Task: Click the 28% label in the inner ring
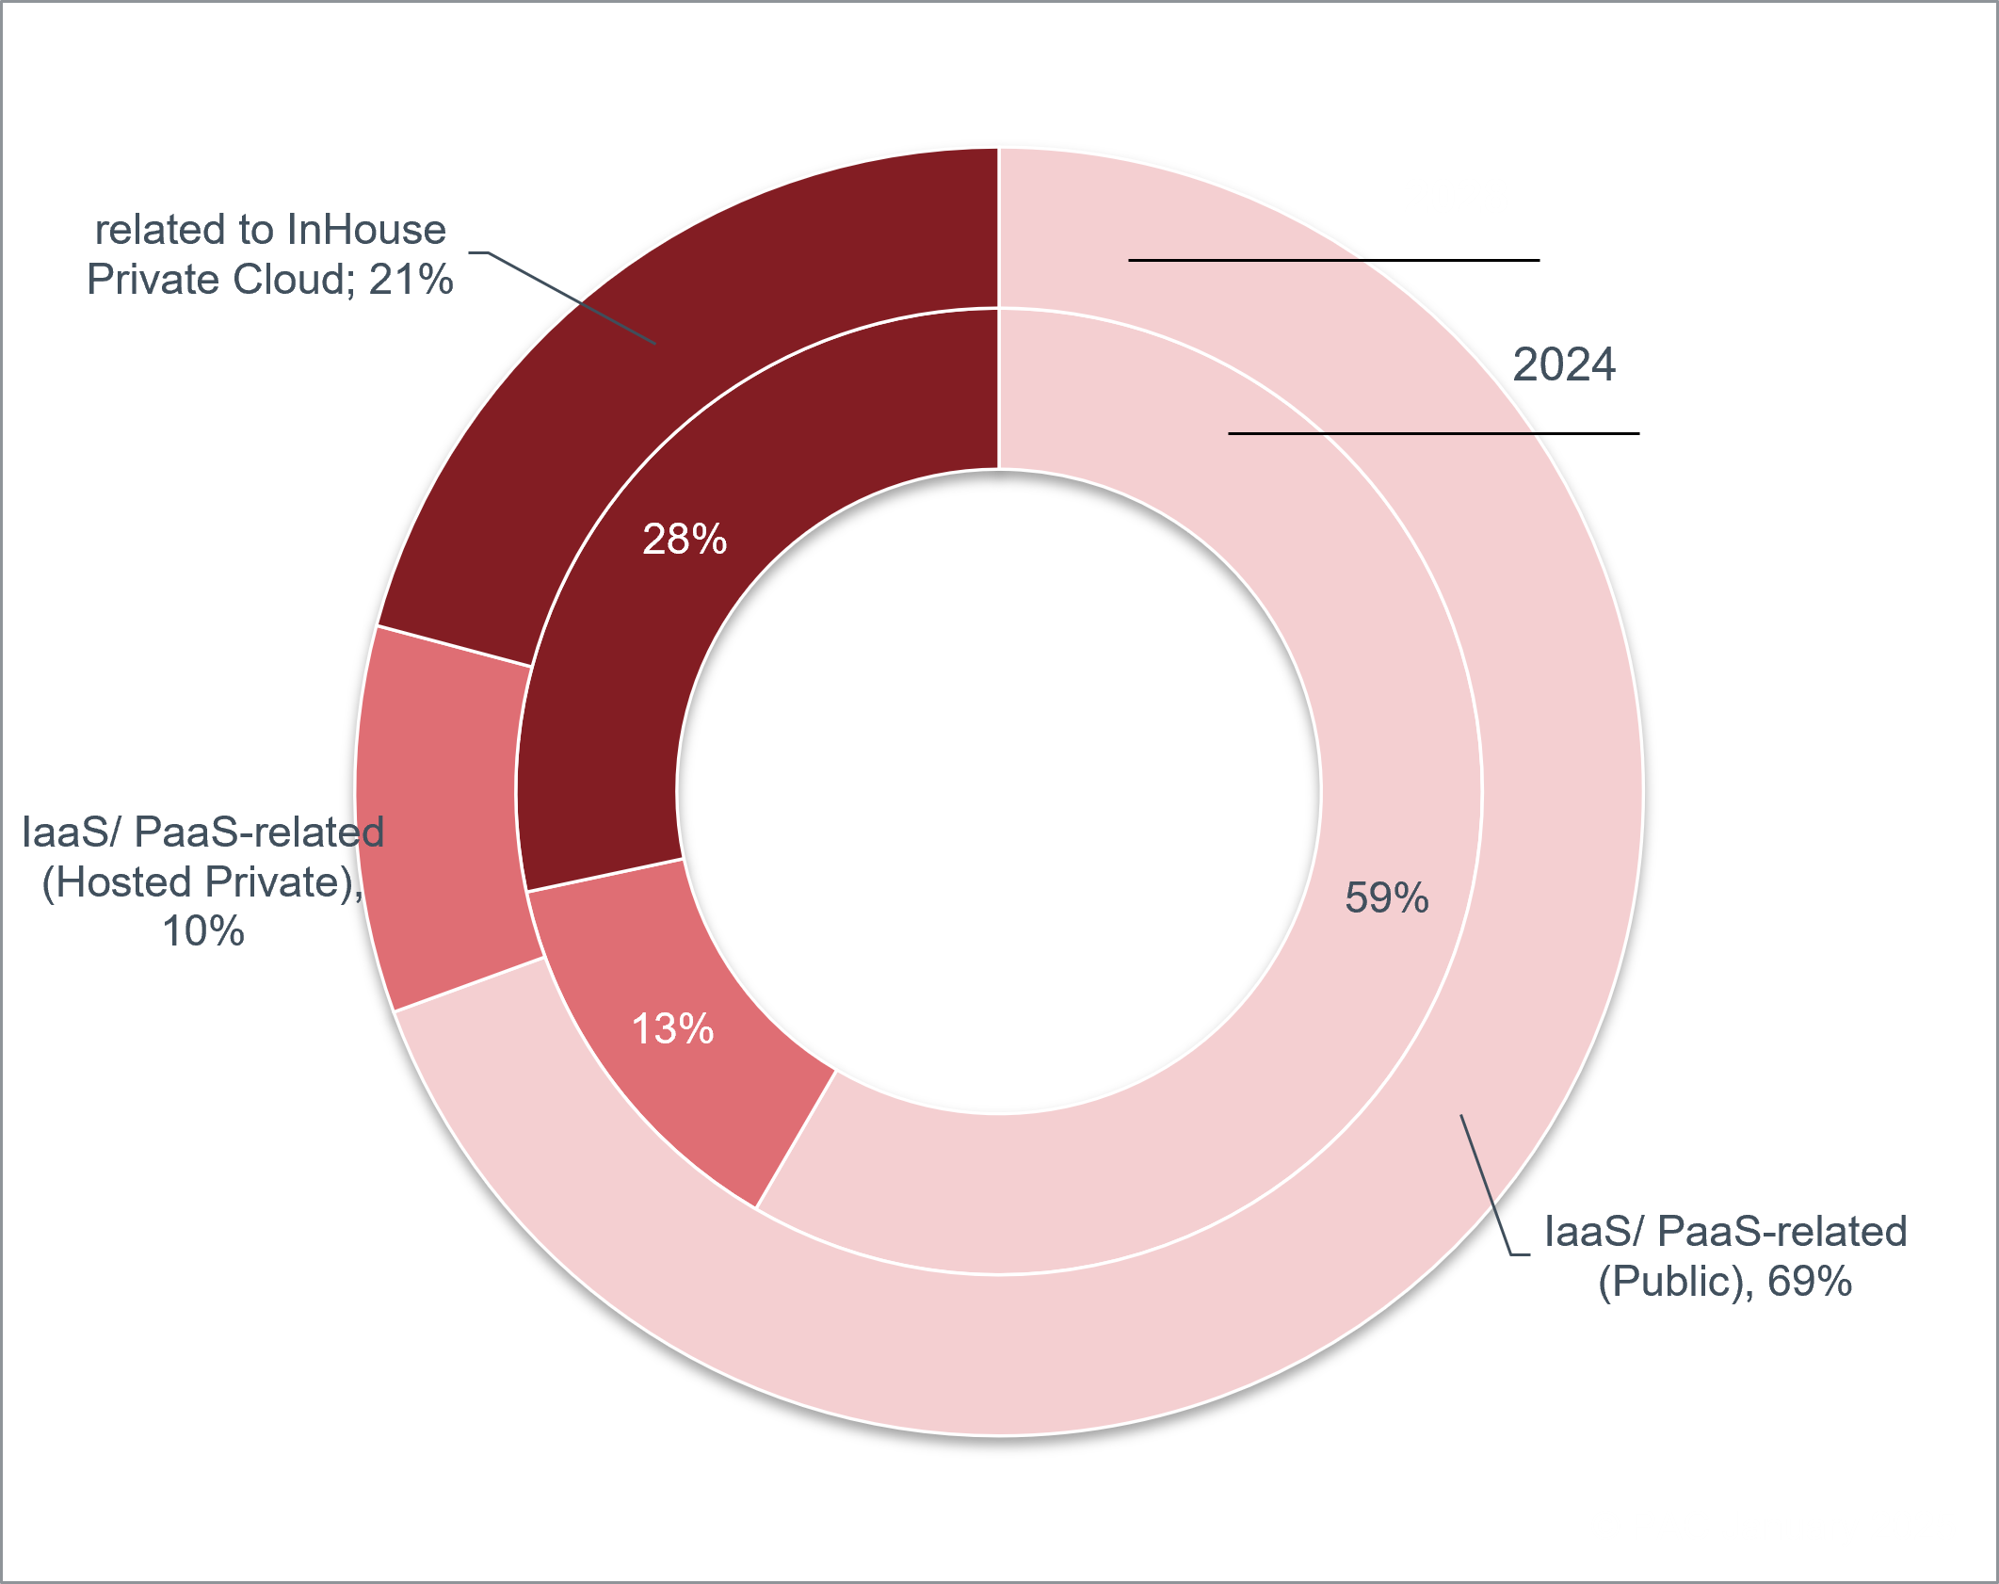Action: coord(685,540)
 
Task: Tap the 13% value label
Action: coord(672,1028)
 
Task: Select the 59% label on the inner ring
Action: coord(1386,897)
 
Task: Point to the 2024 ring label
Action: coord(1563,364)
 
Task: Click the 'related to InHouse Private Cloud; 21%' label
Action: coord(270,254)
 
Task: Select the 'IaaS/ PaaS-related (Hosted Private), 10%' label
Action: coord(202,881)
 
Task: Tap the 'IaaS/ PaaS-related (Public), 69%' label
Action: coord(1725,1256)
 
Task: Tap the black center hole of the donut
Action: coord(998,791)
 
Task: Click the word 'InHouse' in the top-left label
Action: coord(365,230)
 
